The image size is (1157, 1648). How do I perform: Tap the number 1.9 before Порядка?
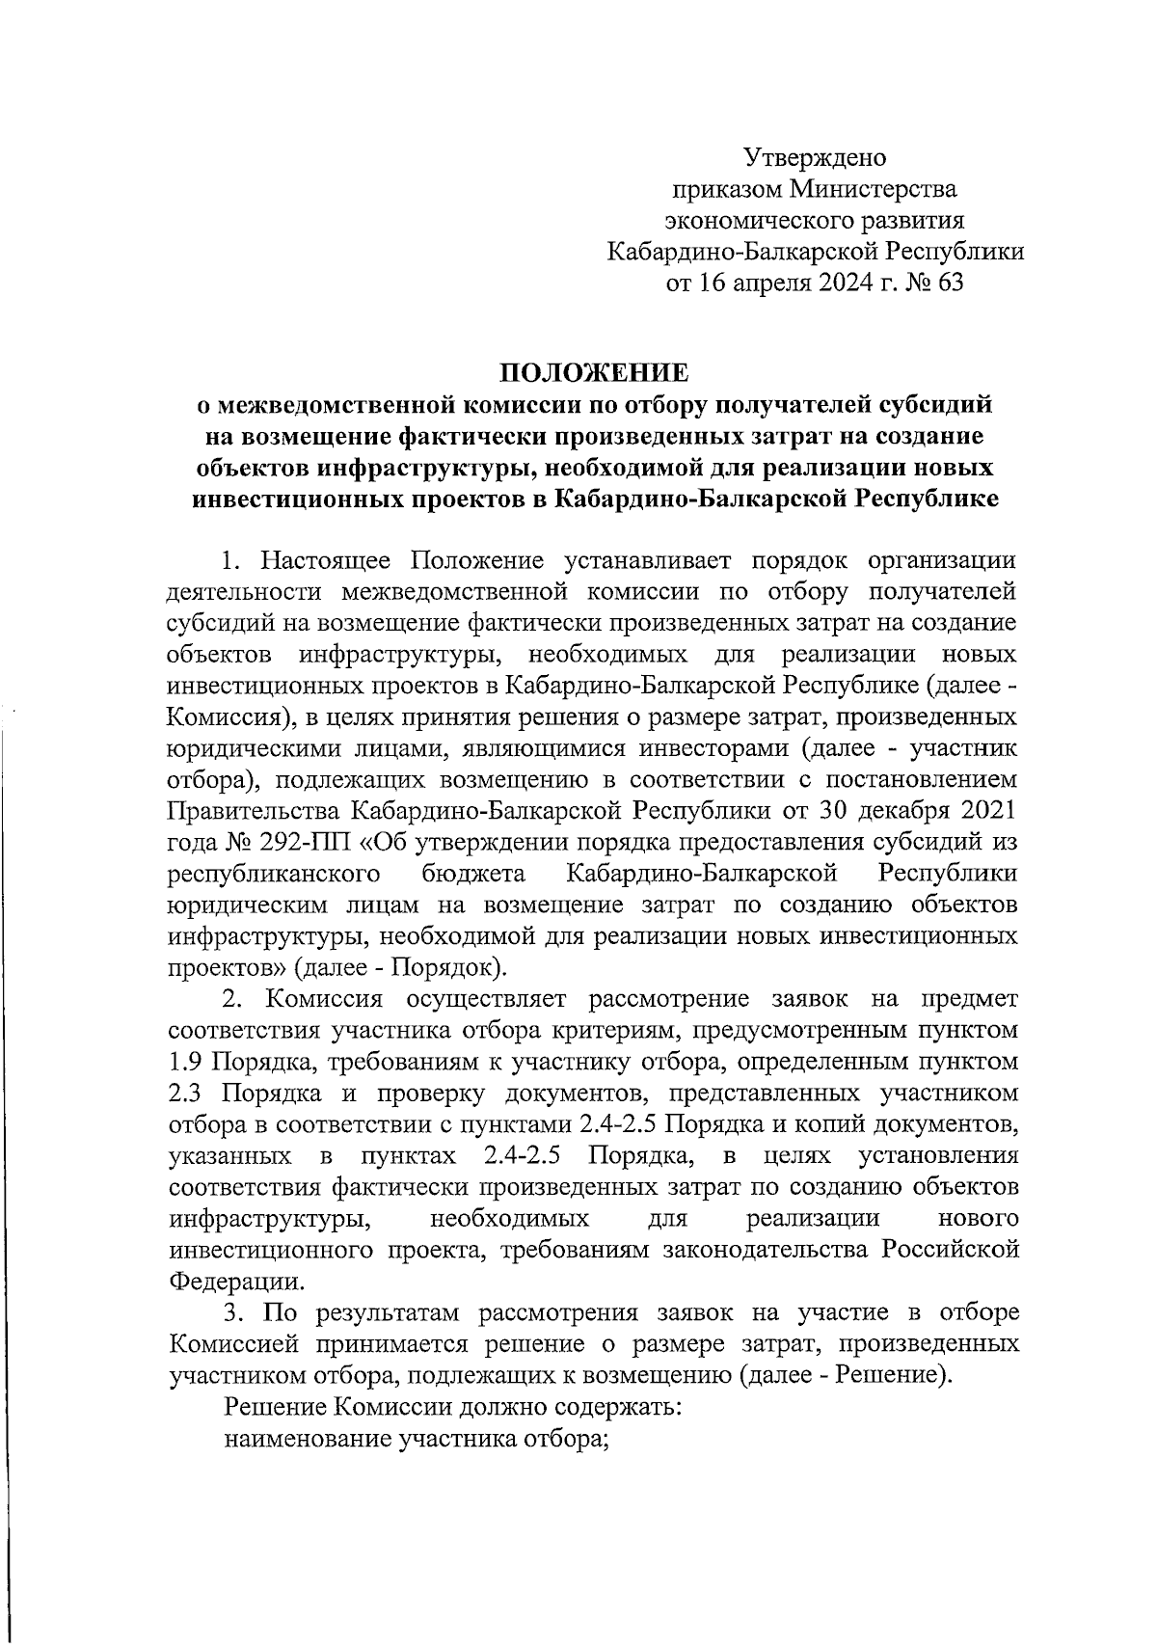pyautogui.click(x=186, y=1062)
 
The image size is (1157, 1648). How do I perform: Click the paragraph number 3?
pyautogui.click(x=232, y=1313)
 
